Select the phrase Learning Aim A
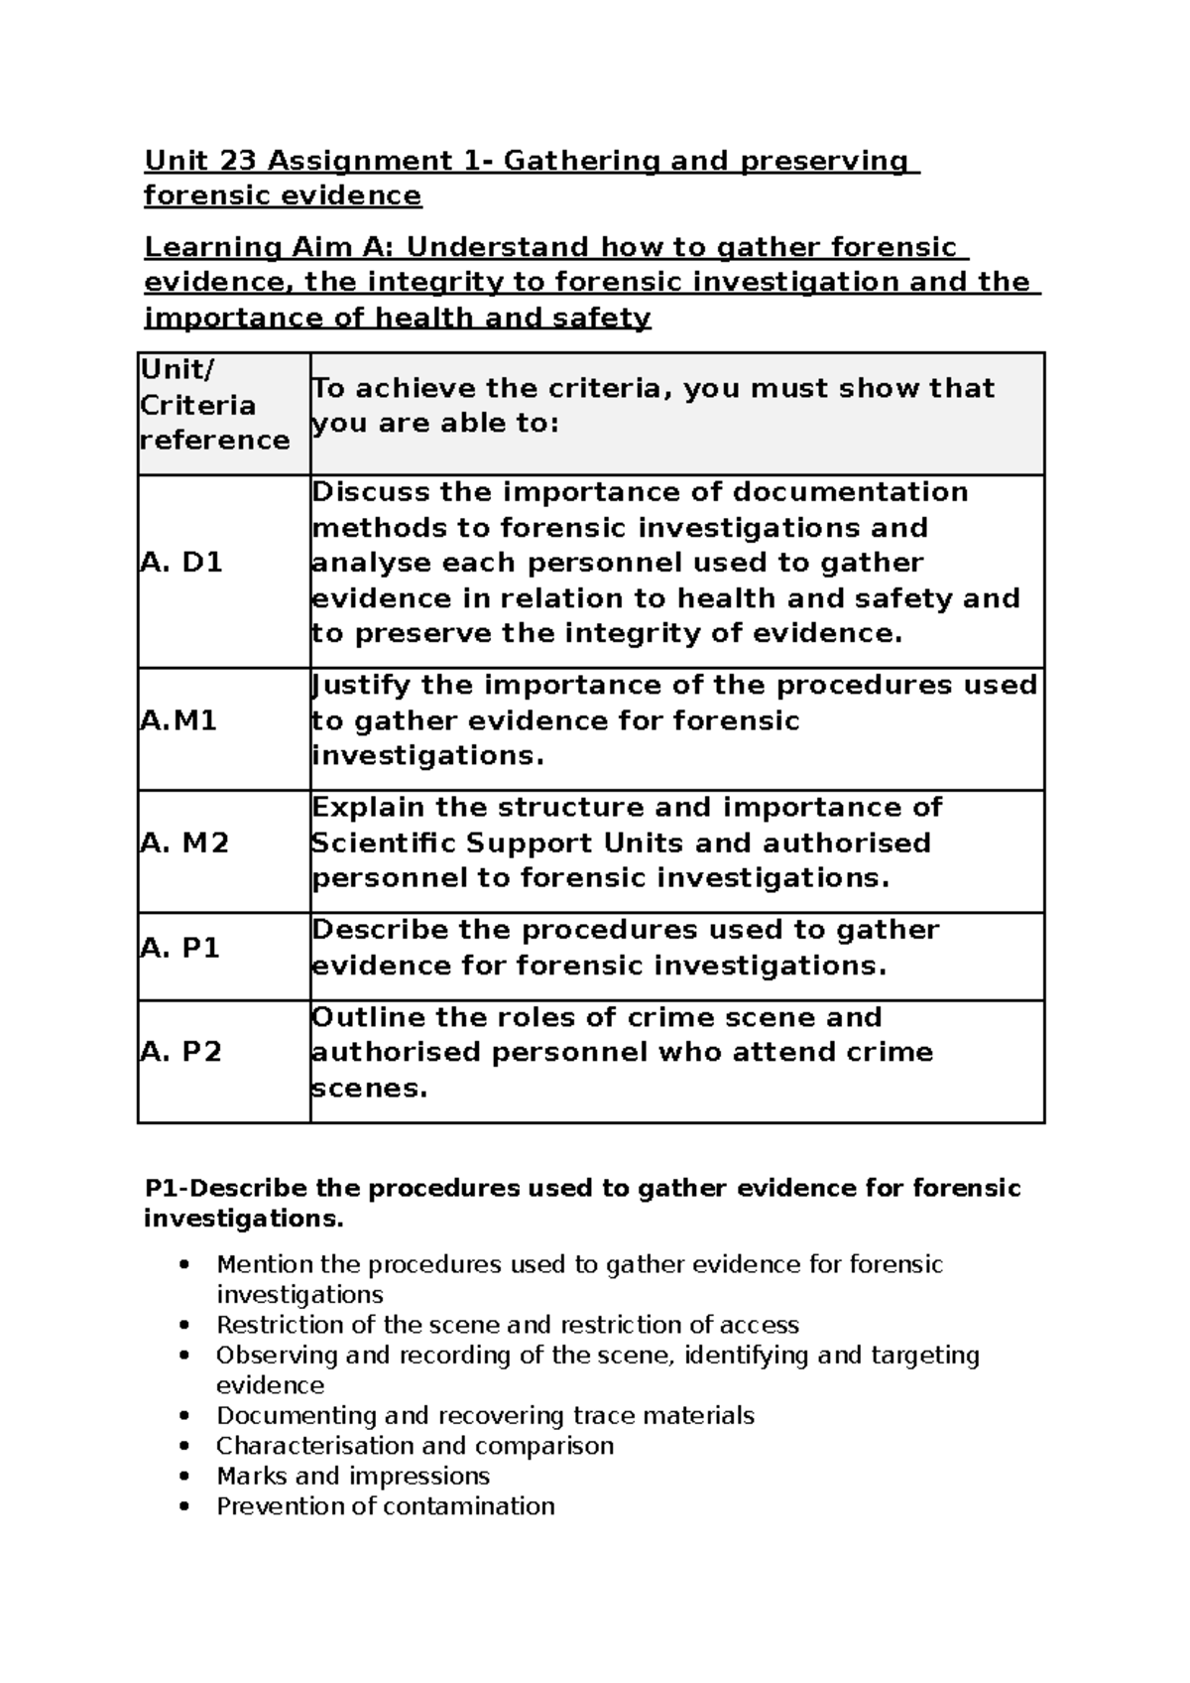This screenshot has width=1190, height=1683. [270, 247]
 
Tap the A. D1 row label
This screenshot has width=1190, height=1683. [181, 563]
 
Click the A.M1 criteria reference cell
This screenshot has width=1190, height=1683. [178, 720]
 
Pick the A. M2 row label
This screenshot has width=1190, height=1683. [184, 842]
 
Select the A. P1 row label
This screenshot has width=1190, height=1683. [180, 948]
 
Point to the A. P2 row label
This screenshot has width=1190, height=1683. [181, 1052]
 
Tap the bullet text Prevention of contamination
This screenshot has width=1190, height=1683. [385, 1506]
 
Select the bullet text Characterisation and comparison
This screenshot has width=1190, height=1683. [415, 1446]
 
